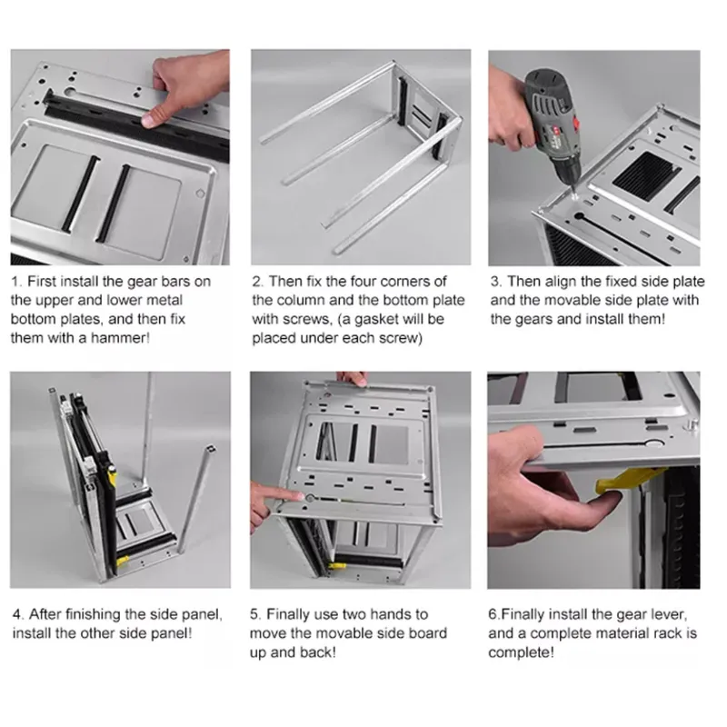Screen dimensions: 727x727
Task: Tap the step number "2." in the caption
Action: pyautogui.click(x=257, y=282)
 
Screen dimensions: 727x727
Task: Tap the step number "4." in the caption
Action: pyautogui.click(x=16, y=614)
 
